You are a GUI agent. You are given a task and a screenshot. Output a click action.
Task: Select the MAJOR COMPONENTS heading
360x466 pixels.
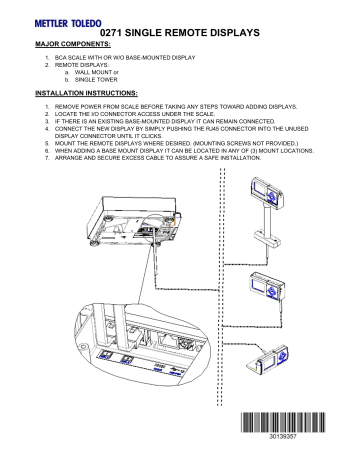coord(74,45)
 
